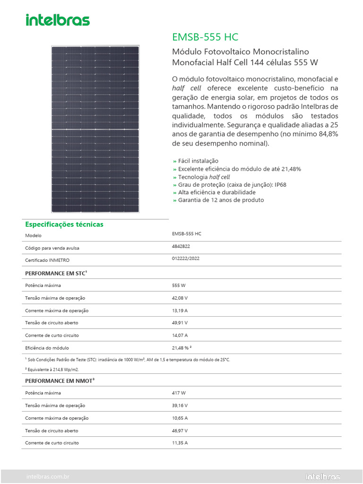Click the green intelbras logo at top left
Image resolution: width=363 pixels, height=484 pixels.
coord(57,20)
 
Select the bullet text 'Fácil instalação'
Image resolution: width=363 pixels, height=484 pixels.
coord(198,161)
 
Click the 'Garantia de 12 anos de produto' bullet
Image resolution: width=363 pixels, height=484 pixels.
coord(221,200)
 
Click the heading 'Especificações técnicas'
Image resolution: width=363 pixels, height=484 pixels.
coord(64,225)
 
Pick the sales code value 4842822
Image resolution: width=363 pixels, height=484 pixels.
coord(181,247)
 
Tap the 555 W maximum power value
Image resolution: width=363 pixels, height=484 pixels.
coord(179,285)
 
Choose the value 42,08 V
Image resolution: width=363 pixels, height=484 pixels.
coord(180,298)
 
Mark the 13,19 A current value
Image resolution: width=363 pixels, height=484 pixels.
coord(180,311)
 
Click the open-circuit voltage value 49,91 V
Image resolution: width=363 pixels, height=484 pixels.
coord(180,323)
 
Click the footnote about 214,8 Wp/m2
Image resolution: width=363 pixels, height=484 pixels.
coord(52,370)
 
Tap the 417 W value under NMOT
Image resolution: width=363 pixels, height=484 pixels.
coord(179,393)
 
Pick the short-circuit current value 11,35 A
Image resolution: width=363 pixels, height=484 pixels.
coord(180,443)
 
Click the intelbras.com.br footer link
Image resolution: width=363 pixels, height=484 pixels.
coord(47,477)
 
